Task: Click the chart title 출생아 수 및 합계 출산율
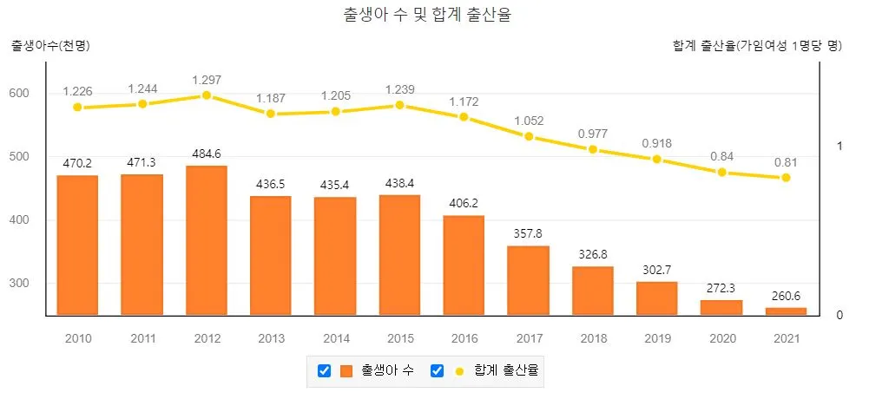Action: tap(434, 16)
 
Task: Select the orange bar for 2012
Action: tap(206, 239)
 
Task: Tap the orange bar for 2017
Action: tap(528, 279)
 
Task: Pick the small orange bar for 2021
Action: tap(786, 311)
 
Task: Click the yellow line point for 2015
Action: tap(399, 105)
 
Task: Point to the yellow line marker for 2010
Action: tap(77, 108)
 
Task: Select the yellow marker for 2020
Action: tap(721, 172)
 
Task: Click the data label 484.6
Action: tap(206, 154)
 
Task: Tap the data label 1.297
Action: tap(206, 80)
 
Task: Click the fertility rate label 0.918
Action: tap(657, 143)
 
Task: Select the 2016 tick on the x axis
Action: tap(464, 337)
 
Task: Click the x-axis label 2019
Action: tap(657, 337)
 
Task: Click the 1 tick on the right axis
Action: tap(839, 146)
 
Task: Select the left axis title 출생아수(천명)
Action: tap(50, 45)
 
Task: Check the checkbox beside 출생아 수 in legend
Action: tap(324, 371)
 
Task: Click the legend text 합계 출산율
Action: tap(506, 371)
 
